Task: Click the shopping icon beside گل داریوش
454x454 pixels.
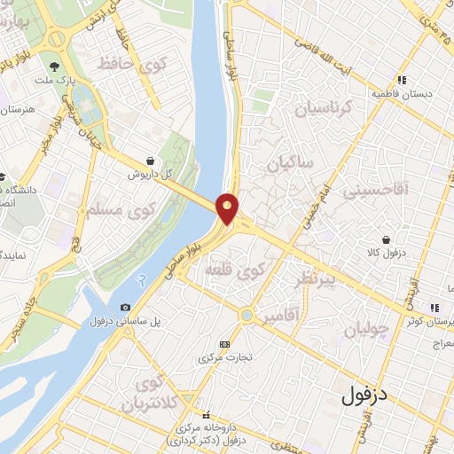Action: [153, 160]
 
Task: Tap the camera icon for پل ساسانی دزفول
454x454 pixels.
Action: [125, 308]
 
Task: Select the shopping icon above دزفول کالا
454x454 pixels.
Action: [387, 239]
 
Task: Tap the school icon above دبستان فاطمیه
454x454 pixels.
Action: [402, 79]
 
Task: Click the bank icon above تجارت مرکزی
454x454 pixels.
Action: [223, 344]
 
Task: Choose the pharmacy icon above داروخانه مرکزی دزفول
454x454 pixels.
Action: [206, 415]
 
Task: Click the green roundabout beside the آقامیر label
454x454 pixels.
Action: [246, 315]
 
